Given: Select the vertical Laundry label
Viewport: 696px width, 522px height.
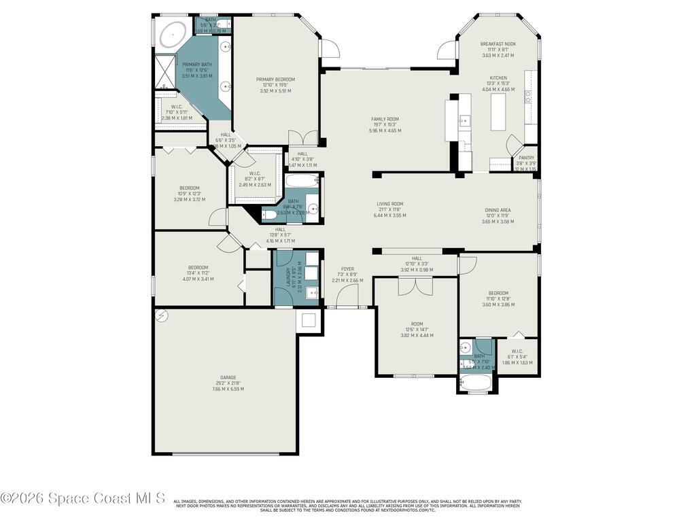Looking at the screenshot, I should tap(288, 279).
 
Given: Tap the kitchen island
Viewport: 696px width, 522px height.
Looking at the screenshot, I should tap(499, 111).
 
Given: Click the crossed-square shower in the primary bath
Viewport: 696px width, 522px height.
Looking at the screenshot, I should tap(166, 71).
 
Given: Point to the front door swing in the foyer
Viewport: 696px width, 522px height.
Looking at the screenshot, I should tap(348, 295).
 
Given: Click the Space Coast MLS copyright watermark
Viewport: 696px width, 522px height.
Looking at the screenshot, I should tap(83, 498).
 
